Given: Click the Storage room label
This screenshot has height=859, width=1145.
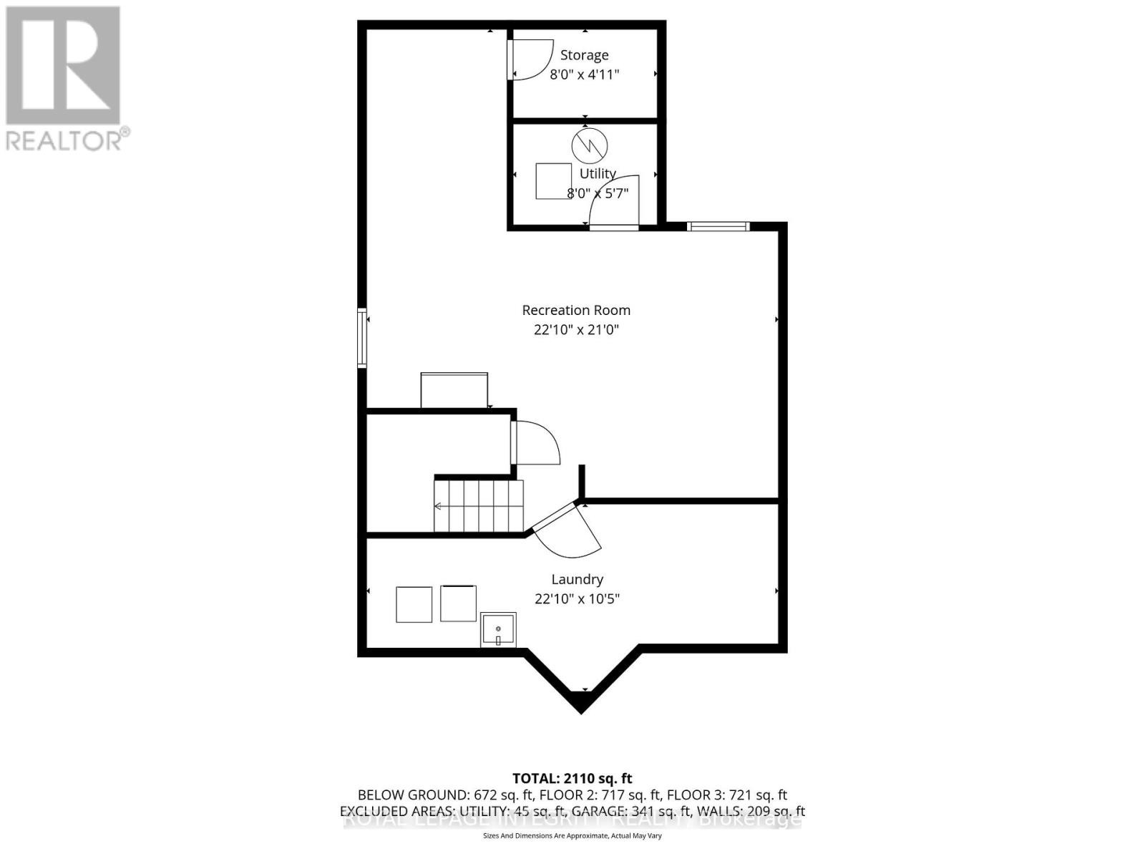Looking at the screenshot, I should pos(584,55).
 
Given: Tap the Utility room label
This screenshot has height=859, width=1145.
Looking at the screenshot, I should pos(598,173).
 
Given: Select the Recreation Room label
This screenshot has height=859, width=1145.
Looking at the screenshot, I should pos(576,310).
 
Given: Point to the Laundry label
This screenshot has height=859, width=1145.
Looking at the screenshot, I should pos(577,579).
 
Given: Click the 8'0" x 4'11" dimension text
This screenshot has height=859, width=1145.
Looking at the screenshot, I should pos(584,74).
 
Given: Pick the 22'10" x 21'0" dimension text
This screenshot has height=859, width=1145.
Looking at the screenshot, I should pos(576,330).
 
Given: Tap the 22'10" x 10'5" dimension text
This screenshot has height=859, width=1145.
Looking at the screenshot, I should pos(577,598).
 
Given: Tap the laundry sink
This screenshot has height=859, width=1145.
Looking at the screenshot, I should pos(498,630).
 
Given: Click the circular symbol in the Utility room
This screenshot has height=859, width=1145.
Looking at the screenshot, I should pos(589,147).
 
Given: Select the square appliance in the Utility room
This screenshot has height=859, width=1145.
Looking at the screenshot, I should pos(554,181).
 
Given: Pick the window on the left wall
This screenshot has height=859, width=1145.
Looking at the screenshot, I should pos(362,338).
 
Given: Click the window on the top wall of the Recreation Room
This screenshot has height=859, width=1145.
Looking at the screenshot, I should pos(718,226).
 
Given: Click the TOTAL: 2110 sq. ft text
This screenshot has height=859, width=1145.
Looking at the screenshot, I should pos(572,778).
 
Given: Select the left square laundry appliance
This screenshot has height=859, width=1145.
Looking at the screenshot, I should pos(414,604).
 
